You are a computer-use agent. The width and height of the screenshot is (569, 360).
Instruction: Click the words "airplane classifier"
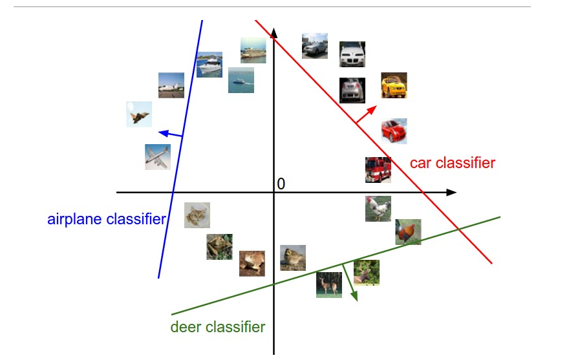click(107, 219)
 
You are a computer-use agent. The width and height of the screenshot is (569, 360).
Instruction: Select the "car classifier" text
click(452, 163)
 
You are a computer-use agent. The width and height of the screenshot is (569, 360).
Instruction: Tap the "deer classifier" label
click(217, 327)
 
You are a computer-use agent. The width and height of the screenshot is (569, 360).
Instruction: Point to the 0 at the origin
click(281, 184)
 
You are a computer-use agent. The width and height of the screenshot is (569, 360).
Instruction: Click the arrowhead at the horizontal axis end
click(452, 193)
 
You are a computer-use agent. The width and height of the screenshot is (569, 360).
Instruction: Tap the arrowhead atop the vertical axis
click(274, 34)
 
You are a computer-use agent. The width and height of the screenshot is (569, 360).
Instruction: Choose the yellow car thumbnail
click(394, 85)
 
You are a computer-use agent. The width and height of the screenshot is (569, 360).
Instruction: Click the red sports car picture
click(394, 131)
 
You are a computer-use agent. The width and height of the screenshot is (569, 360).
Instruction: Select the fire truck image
click(378, 170)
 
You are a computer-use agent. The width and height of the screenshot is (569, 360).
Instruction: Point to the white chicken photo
click(378, 209)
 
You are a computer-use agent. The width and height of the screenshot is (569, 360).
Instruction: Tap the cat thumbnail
click(197, 215)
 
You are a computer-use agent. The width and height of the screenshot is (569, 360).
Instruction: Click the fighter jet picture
click(139, 114)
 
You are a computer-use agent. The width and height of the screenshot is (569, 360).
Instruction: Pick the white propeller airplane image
click(158, 157)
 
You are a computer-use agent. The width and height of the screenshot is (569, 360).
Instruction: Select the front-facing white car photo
click(352, 54)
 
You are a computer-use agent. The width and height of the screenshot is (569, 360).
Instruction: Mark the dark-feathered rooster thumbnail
click(408, 232)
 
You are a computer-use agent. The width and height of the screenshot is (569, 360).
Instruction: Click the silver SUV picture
click(315, 46)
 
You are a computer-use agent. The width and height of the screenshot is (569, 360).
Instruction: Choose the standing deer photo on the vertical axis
click(329, 284)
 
